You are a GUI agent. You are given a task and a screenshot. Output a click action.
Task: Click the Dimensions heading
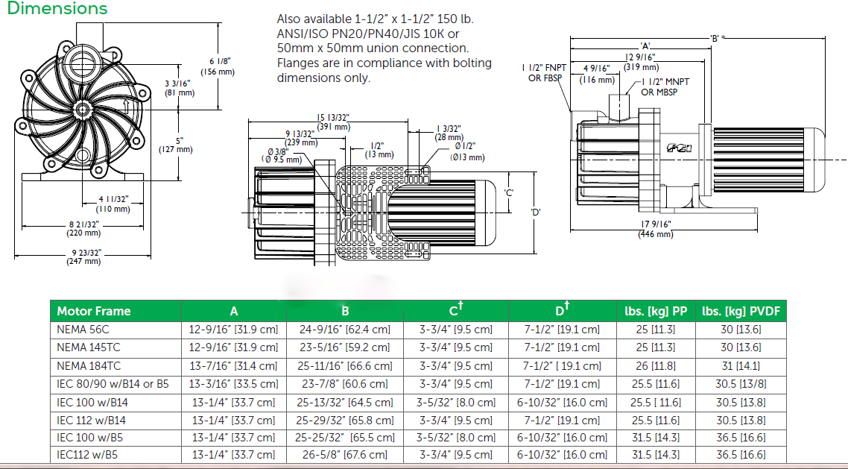point(57,9)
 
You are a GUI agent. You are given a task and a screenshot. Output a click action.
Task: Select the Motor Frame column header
point(94,311)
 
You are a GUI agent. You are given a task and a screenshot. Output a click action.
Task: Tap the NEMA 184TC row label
point(89,366)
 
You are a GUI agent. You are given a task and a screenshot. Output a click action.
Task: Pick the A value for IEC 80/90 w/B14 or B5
point(234,384)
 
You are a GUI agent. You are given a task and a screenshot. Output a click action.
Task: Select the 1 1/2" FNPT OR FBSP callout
point(544,73)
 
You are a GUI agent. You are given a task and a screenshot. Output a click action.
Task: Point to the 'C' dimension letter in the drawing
point(508,192)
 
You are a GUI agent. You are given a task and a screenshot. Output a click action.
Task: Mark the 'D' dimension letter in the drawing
point(535,212)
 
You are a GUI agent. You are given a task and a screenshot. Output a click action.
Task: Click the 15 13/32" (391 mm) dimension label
point(332,122)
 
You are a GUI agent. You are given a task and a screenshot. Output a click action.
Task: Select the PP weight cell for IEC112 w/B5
point(642,455)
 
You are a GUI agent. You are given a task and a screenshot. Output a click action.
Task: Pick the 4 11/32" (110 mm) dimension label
point(114,204)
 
